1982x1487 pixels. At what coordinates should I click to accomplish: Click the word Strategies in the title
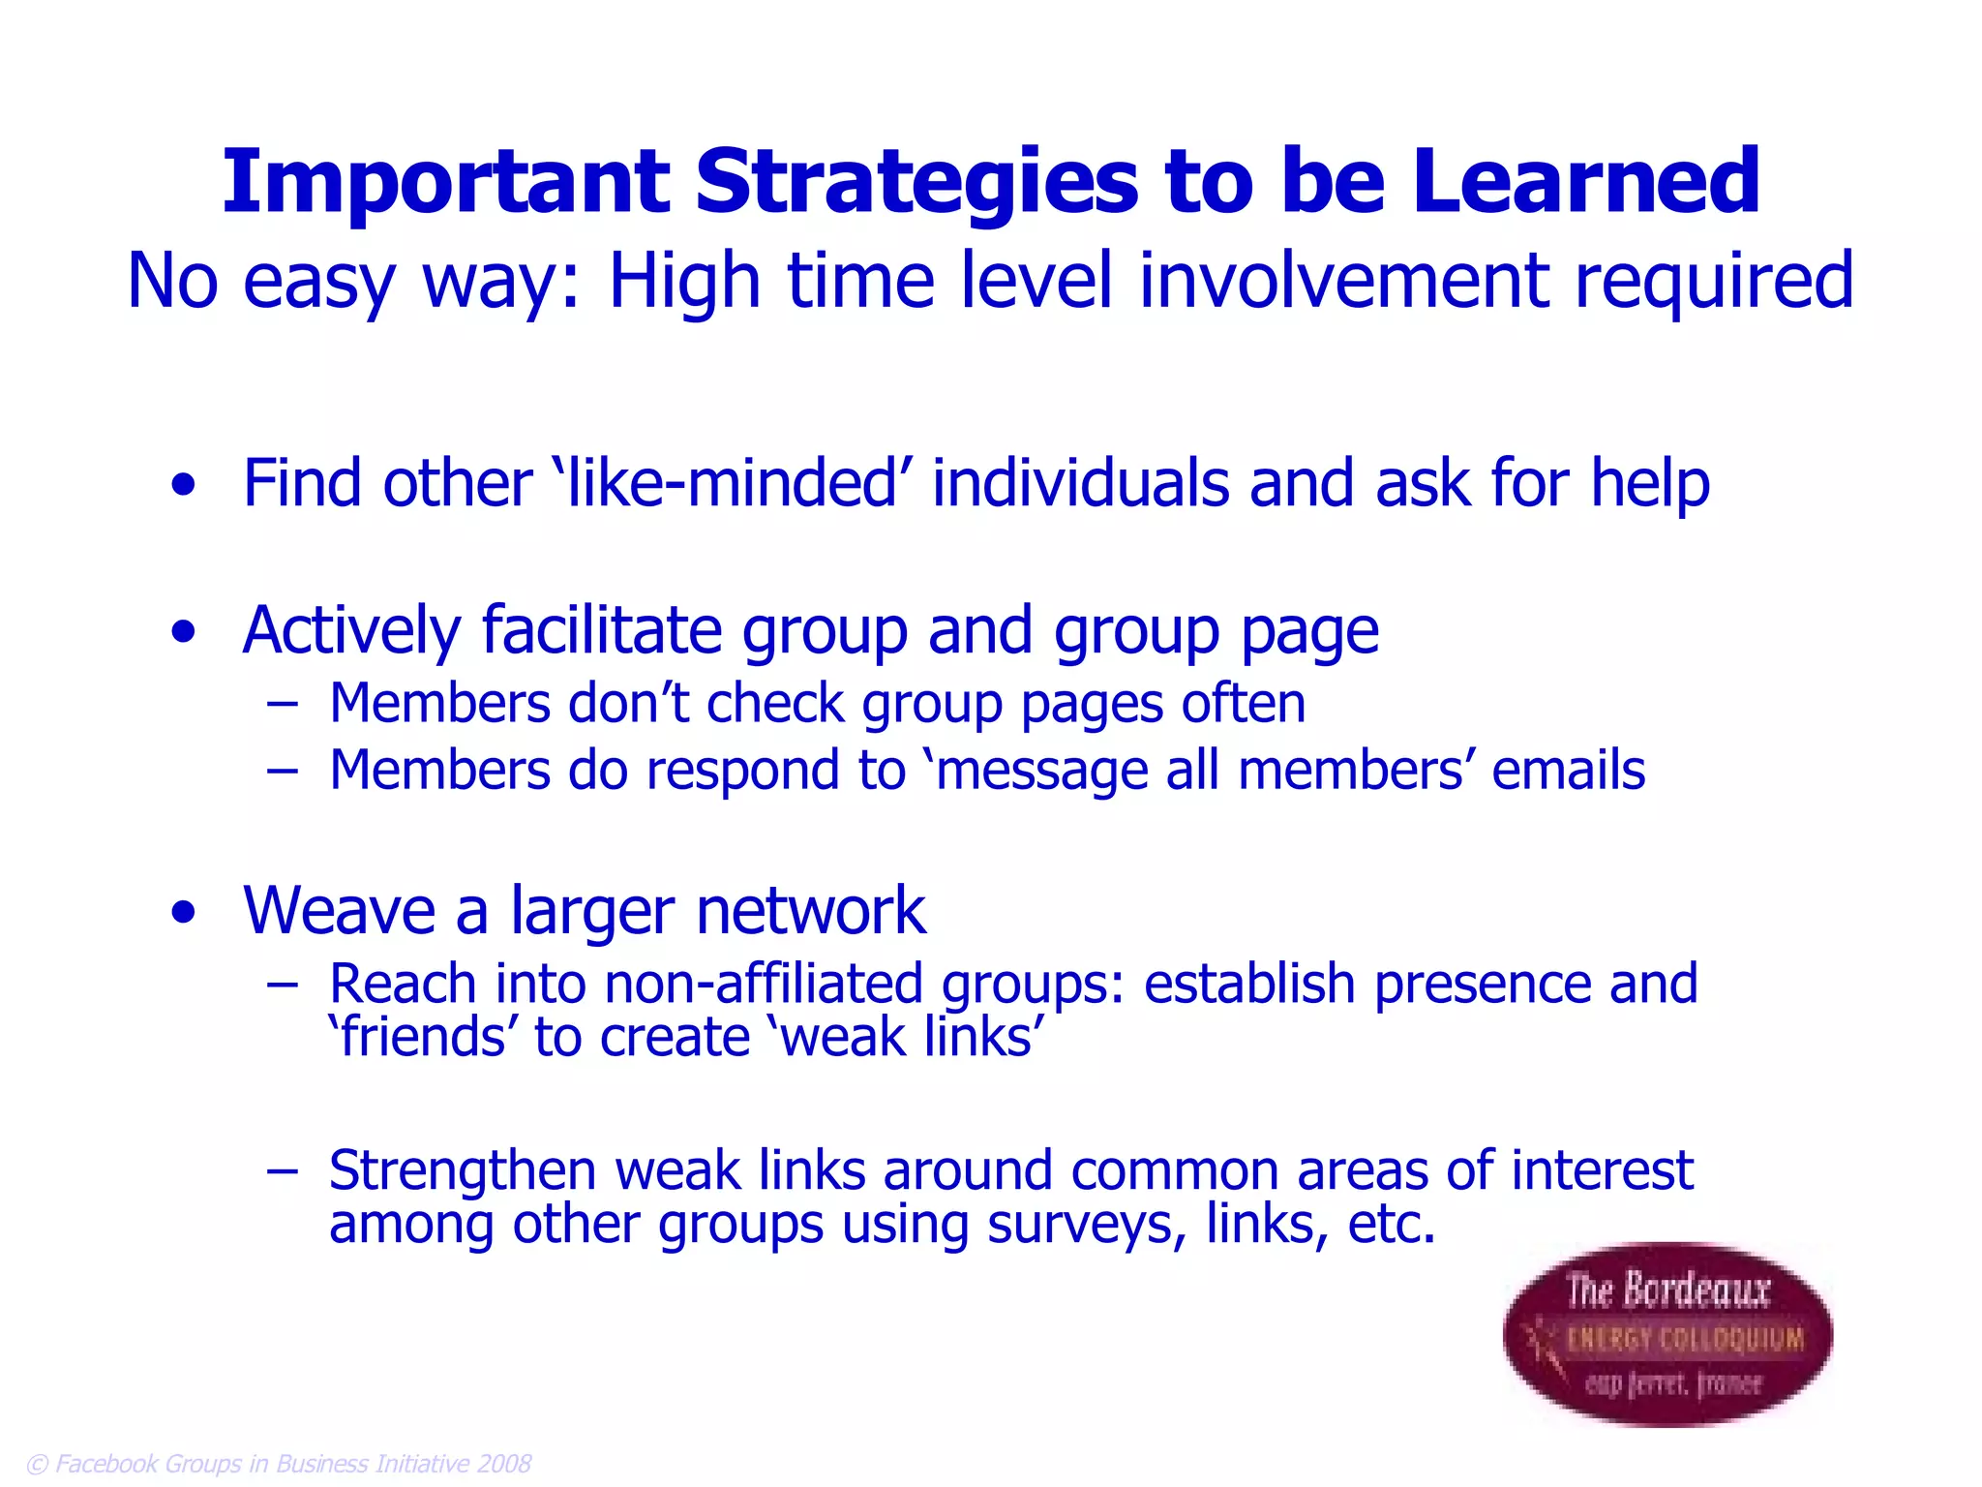(917, 184)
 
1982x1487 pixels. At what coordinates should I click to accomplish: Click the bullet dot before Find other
(183, 485)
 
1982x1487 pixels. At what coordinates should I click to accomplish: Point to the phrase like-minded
(731, 483)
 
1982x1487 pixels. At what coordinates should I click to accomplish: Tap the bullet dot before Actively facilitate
(183, 633)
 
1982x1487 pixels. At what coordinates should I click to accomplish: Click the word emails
(1568, 772)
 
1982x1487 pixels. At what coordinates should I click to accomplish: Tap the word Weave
(339, 911)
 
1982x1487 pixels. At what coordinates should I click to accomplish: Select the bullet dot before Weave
(183, 913)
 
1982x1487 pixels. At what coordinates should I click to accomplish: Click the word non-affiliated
(765, 985)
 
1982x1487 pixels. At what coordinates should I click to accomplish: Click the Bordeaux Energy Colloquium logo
(1667, 1334)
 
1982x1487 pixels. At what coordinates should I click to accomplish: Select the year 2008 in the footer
(504, 1464)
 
